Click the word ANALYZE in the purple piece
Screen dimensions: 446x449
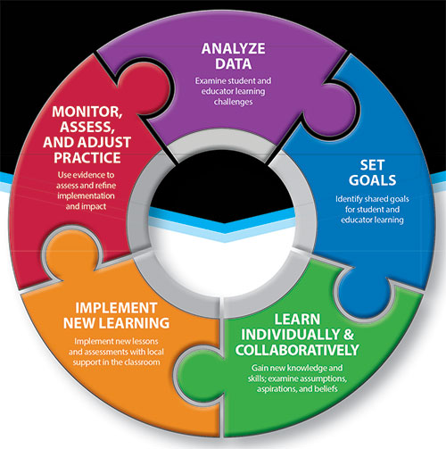[x=234, y=49]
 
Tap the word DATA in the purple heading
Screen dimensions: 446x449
[x=234, y=64]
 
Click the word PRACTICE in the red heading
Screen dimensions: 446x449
[x=87, y=158]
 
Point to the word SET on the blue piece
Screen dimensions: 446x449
[x=372, y=165]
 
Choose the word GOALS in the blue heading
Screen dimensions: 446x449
[x=372, y=180]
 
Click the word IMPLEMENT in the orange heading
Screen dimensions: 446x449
[x=116, y=308]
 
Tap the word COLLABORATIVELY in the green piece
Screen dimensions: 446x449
[x=297, y=350]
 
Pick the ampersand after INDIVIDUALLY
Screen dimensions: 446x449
[x=349, y=335]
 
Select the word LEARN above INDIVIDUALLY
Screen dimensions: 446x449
[x=297, y=320]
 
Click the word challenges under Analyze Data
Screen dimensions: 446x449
[x=234, y=102]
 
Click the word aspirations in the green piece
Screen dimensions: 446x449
[x=274, y=389]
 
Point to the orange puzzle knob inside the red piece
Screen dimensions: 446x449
[x=72, y=253]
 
